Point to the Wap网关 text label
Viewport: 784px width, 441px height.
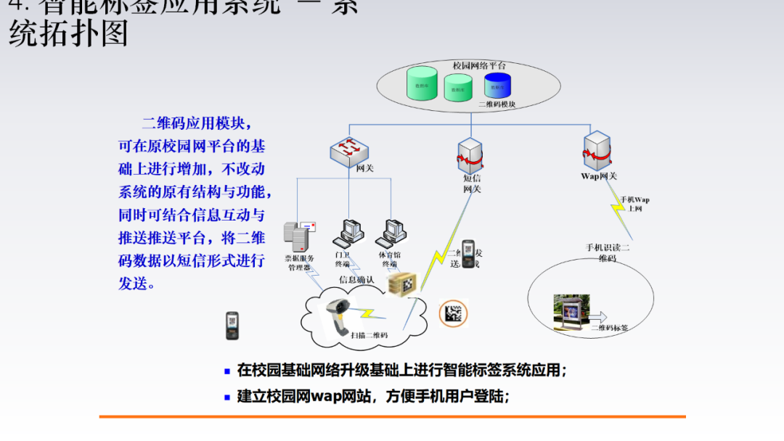coord(599,176)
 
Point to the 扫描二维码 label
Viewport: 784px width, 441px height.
coord(369,335)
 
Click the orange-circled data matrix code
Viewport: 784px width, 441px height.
coord(454,313)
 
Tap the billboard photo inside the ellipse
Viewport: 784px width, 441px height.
coord(569,311)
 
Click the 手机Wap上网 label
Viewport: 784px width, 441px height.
coord(634,204)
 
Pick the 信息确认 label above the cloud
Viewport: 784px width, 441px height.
coord(356,279)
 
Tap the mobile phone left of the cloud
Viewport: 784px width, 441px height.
coord(232,326)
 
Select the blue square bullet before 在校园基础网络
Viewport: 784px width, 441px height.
coord(227,371)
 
